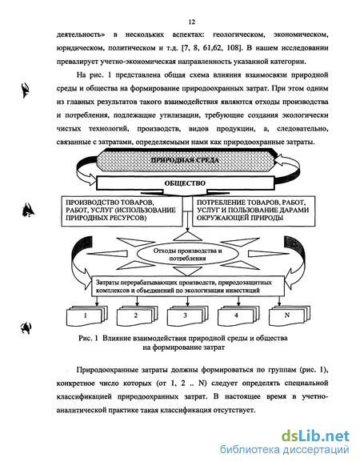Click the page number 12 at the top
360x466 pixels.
click(x=191, y=22)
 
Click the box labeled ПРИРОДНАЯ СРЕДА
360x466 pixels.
click(x=185, y=160)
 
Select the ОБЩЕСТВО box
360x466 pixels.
click(x=185, y=183)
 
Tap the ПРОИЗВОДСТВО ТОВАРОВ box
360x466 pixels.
click(x=122, y=211)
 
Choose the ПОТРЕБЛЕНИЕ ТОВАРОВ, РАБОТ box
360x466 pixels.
click(x=254, y=211)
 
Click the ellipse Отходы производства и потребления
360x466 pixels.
click(x=187, y=255)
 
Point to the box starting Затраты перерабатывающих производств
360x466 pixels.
click(x=188, y=286)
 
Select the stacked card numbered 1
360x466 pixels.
click(x=86, y=316)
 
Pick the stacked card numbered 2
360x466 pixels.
click(x=137, y=316)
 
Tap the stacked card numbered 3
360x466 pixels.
click(x=187, y=316)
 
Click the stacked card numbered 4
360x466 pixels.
click(x=238, y=316)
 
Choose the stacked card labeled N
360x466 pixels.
click(x=289, y=316)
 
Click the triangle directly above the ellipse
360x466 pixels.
click(x=187, y=236)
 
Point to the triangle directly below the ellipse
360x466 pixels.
click(x=187, y=271)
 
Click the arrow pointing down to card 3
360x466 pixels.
click(x=187, y=301)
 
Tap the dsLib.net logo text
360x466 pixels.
click(x=315, y=436)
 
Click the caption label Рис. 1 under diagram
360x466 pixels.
click(x=88, y=338)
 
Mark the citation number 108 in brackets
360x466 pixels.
click(x=233, y=48)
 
